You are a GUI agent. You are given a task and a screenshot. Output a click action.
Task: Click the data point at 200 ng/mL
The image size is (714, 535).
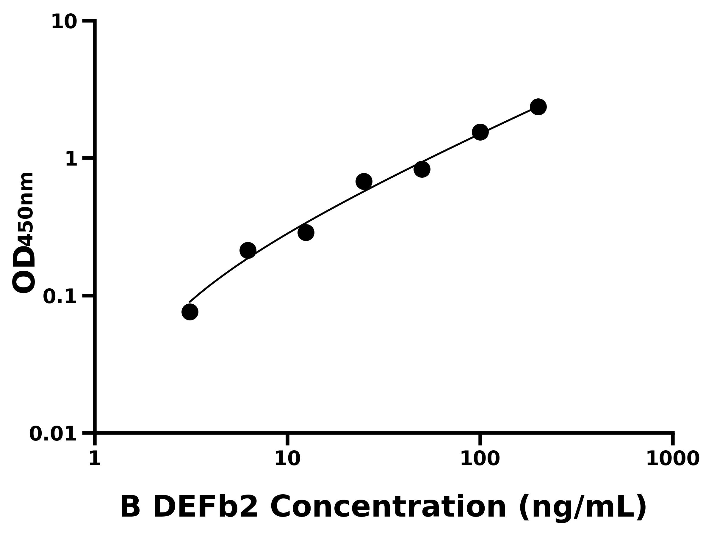click(x=538, y=107)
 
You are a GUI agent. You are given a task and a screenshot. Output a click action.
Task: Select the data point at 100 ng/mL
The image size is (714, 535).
click(x=480, y=132)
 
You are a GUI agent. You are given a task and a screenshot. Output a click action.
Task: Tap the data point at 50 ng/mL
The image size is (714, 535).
click(x=422, y=169)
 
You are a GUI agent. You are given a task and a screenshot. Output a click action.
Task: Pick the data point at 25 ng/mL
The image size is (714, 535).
click(x=364, y=182)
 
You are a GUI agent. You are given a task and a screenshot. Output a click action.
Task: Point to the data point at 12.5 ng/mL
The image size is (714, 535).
click(x=306, y=232)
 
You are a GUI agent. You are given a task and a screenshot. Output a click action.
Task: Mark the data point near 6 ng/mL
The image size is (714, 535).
click(x=248, y=251)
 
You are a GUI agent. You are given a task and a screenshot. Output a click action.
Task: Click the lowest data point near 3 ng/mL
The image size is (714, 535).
click(x=190, y=312)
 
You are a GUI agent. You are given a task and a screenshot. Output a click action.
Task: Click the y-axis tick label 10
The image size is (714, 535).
click(x=64, y=22)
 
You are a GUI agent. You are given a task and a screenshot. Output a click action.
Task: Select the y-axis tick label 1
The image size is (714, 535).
click(x=71, y=159)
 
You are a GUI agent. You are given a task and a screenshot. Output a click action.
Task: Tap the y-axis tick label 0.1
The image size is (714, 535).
click(x=60, y=296)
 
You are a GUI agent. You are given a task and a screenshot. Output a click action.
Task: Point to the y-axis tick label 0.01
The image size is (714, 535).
click(x=53, y=434)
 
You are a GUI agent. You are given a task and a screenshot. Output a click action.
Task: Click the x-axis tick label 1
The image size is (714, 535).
click(x=95, y=458)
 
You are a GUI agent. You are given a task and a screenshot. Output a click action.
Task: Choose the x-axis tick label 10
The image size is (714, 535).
click(x=287, y=458)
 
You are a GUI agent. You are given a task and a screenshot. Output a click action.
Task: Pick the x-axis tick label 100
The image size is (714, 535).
click(x=480, y=458)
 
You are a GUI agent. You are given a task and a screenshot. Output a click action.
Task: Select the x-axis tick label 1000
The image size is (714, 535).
click(x=673, y=458)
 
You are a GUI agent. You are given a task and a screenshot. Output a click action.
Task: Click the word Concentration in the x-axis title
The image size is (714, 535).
click(x=388, y=507)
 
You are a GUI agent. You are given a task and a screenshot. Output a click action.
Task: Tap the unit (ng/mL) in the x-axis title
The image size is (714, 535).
click(x=583, y=508)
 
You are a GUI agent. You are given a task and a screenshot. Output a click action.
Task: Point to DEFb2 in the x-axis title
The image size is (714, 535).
click(x=205, y=507)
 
